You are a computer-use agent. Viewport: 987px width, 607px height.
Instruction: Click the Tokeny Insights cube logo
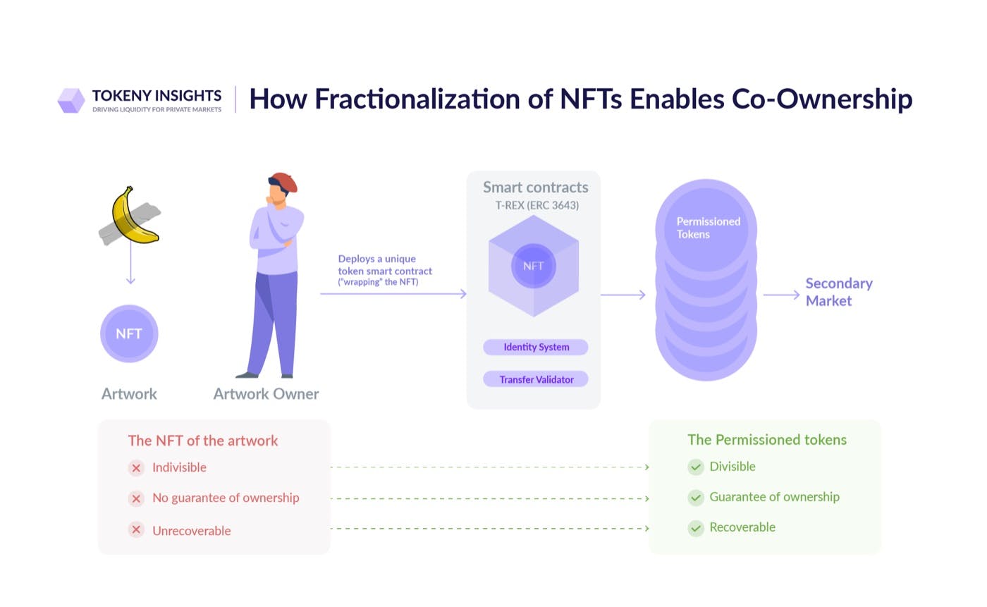tap(71, 100)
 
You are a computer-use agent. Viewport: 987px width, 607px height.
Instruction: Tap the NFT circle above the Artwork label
tap(129, 334)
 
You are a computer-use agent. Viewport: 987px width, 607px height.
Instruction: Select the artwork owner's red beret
tap(284, 181)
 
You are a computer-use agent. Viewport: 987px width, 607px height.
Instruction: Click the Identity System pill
tap(536, 347)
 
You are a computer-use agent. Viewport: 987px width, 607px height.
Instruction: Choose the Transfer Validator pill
tap(536, 379)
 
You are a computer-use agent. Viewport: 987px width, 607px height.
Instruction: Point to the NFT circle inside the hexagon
tap(534, 266)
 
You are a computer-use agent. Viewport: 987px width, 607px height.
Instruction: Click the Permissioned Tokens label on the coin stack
tap(708, 228)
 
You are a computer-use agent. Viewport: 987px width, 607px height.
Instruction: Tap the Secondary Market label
tap(839, 292)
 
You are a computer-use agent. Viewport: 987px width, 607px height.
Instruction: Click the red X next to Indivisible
tap(136, 468)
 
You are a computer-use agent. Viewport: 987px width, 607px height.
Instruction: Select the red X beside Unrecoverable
tap(136, 529)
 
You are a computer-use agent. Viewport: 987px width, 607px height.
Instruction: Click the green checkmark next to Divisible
tap(696, 467)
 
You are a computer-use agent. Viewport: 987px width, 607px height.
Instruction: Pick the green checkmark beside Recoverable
tap(696, 528)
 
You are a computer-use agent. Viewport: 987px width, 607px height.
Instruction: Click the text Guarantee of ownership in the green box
tap(774, 497)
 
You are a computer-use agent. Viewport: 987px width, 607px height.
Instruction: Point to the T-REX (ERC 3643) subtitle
tap(537, 205)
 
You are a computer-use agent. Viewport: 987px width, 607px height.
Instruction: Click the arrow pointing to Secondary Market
tap(781, 295)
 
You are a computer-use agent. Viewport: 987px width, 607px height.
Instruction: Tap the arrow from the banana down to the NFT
tap(130, 263)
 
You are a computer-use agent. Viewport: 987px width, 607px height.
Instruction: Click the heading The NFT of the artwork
tap(203, 441)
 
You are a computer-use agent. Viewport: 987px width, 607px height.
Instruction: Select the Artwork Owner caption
tap(266, 394)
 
